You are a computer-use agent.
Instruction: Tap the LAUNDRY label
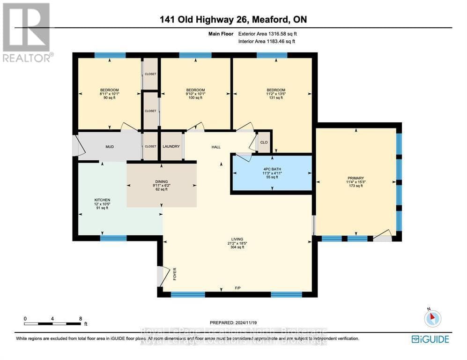[171, 146]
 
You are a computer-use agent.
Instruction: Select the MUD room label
[109, 147]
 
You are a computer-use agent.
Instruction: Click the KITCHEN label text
[102, 200]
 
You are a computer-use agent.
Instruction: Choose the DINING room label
[162, 181]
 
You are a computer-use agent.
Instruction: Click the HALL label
[216, 147]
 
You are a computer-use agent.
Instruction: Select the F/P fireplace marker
[237, 288]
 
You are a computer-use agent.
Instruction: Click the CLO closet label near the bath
[264, 142]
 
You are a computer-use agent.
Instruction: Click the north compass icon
[432, 318]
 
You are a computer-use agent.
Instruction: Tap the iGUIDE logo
[430, 339]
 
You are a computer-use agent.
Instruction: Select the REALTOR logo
[27, 32]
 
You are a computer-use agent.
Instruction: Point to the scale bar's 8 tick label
[80, 318]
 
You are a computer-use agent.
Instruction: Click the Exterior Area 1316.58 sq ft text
[267, 34]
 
